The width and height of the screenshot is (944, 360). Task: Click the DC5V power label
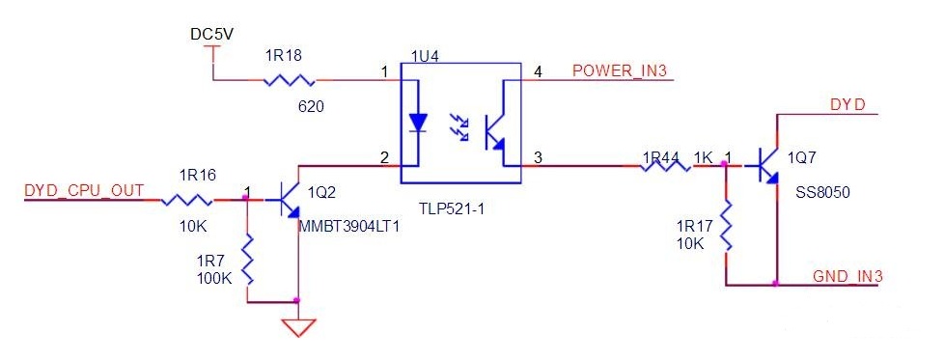click(x=212, y=36)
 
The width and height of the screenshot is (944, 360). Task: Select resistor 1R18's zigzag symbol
click(x=290, y=80)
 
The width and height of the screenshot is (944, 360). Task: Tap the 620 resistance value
click(x=311, y=107)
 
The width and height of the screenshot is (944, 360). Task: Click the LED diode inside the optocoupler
click(x=417, y=123)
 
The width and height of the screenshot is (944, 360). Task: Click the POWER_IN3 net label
click(x=620, y=71)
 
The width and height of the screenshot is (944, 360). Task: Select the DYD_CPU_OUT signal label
click(x=84, y=191)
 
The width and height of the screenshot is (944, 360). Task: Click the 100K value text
click(x=214, y=279)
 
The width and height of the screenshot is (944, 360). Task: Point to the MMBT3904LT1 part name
click(x=349, y=227)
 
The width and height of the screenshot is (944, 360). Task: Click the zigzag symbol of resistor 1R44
click(x=665, y=166)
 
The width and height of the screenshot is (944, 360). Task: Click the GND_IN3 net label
click(x=847, y=277)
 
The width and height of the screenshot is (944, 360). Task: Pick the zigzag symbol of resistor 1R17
click(x=726, y=227)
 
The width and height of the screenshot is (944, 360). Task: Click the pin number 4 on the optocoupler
click(x=539, y=72)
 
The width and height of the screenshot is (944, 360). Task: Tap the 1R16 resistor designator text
click(x=198, y=176)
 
